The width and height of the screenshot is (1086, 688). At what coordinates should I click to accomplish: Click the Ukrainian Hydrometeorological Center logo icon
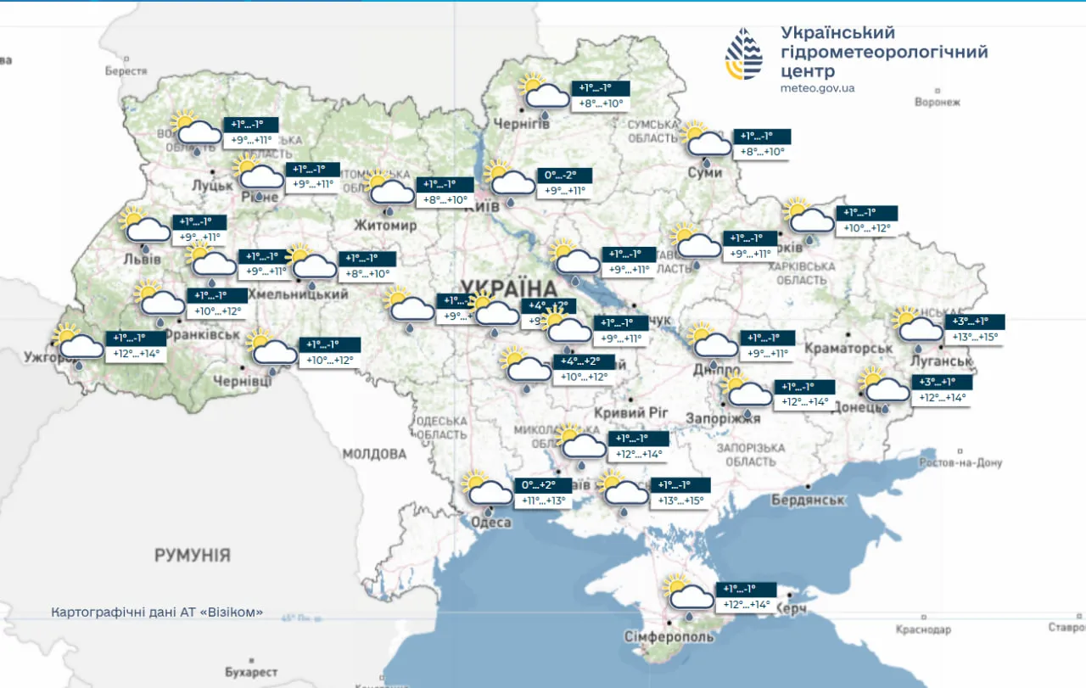pyautogui.click(x=744, y=53)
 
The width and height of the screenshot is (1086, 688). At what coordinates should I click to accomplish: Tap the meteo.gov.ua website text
pyautogui.click(x=817, y=88)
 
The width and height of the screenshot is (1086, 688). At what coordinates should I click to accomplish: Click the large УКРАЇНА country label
pyautogui.click(x=508, y=286)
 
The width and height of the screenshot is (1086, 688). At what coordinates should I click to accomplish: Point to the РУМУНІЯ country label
pyautogui.click(x=192, y=556)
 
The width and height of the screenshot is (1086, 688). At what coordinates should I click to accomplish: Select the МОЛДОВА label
pyautogui.click(x=374, y=454)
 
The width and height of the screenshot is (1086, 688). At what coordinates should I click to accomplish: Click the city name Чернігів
pyautogui.click(x=522, y=124)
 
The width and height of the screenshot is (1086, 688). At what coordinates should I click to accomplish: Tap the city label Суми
pyautogui.click(x=705, y=172)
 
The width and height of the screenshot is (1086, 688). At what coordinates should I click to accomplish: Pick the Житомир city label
pyautogui.click(x=386, y=226)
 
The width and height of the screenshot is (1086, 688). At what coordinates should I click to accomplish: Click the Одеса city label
pyautogui.click(x=491, y=522)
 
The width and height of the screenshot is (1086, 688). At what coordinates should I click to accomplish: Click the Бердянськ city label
pyautogui.click(x=808, y=500)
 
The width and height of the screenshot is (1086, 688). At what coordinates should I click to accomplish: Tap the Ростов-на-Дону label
pyautogui.click(x=960, y=462)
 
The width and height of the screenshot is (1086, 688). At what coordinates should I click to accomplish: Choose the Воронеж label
pyautogui.click(x=938, y=102)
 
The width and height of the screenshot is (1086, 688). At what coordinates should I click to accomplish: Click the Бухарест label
pyautogui.click(x=251, y=672)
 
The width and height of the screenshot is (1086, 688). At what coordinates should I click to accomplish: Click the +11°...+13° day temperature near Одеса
pyautogui.click(x=543, y=501)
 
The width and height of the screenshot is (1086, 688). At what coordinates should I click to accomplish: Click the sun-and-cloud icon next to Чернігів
pyautogui.click(x=543, y=92)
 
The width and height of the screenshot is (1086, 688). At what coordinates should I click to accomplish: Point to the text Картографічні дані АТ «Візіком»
pyautogui.click(x=157, y=612)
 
